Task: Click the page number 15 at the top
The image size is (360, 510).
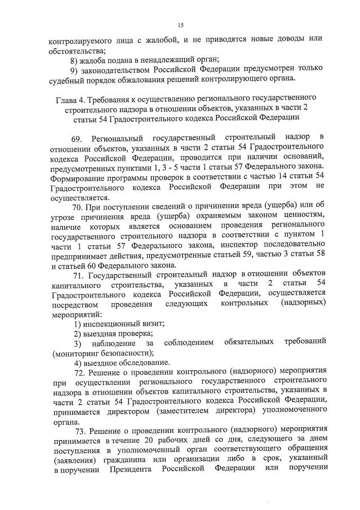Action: coord(180,25)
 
